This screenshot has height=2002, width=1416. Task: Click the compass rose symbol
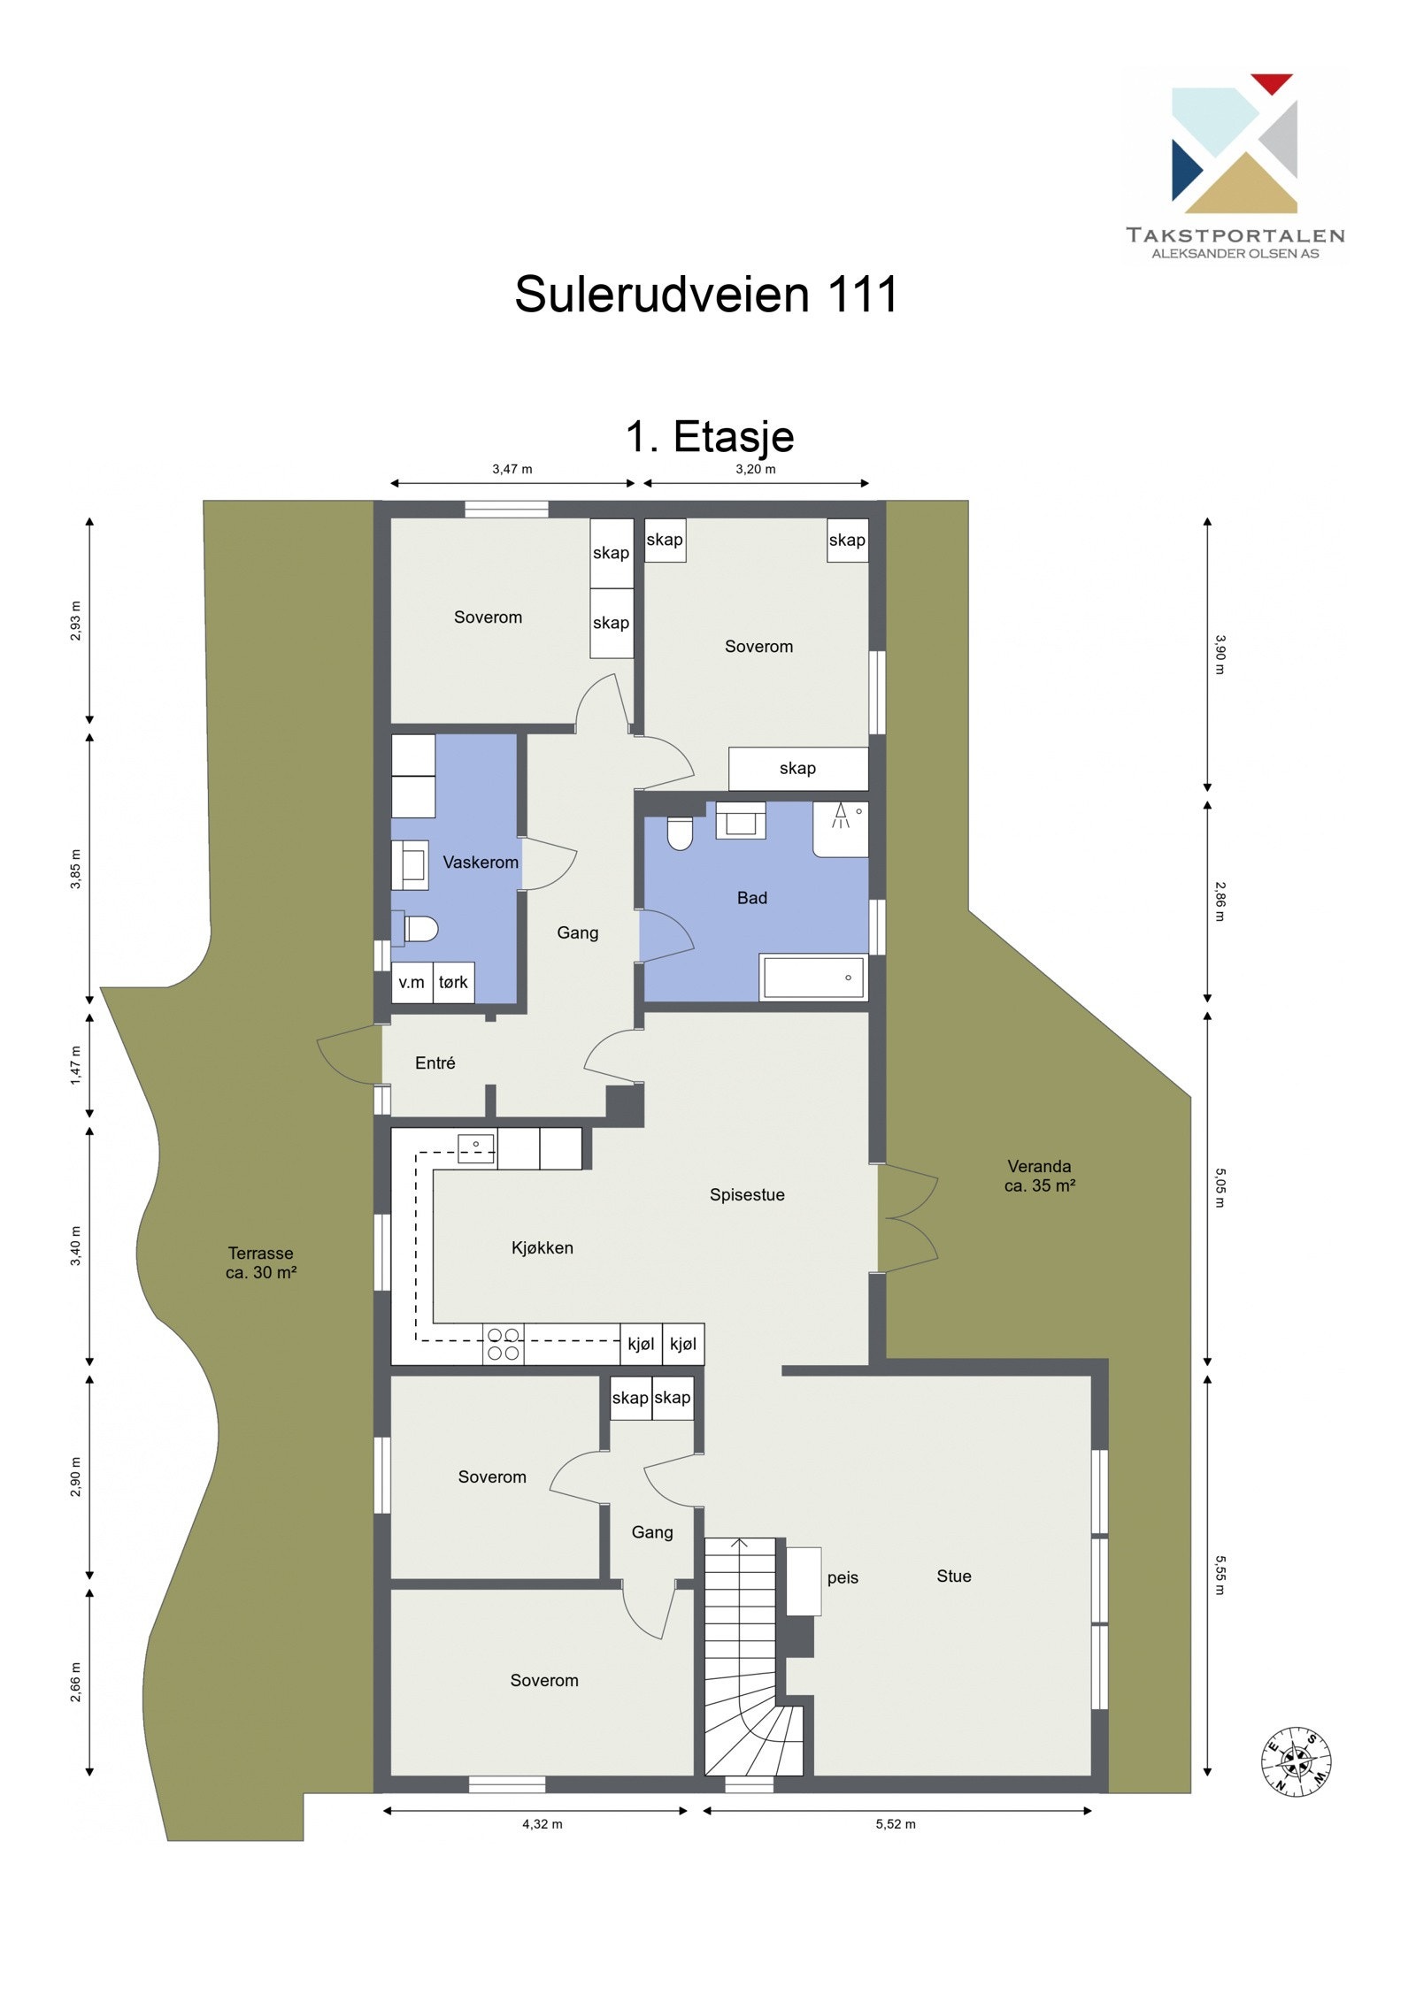pos(1296,1760)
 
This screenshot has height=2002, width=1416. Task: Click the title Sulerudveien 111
pos(705,294)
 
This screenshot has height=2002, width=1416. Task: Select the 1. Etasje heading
pos(709,436)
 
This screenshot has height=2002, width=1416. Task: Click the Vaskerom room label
pos(480,862)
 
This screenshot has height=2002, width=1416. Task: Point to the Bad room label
pos(751,898)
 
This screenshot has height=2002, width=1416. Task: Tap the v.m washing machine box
pos(412,982)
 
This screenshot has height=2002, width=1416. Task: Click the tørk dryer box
pos(453,982)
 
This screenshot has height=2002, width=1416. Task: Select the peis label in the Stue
pos(842,1577)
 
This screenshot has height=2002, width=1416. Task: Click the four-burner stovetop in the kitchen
pos(503,1344)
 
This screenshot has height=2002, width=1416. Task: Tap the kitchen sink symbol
pos(476,1147)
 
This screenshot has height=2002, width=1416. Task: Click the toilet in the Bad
pos(680,832)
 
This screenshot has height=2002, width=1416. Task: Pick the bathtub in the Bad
pos(812,978)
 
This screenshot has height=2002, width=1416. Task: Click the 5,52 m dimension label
pos(895,1823)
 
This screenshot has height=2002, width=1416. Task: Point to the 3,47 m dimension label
pos(512,469)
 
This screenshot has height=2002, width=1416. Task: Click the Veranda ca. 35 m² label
pos(1039,1176)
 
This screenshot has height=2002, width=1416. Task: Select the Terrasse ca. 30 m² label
pos(260,1262)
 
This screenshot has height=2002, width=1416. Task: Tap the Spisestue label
pos(746,1194)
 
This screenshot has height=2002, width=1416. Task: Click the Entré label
pos(435,1062)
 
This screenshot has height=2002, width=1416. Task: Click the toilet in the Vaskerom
pos(420,929)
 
